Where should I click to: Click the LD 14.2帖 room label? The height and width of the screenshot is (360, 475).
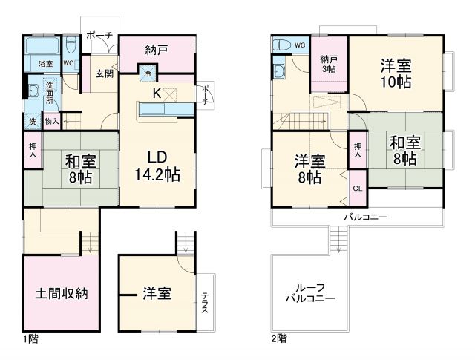point(158,166)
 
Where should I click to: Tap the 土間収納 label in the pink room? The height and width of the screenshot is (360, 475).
point(62,292)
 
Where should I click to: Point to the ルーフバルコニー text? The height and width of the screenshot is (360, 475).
point(310,293)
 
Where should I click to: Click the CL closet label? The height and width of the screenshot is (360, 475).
point(357,189)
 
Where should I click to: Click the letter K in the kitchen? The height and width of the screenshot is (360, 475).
point(157,94)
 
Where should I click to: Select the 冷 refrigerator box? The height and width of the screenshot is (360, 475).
point(147,73)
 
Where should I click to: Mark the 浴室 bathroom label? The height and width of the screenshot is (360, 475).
point(45,65)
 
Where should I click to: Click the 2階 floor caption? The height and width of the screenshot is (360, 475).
point(278,338)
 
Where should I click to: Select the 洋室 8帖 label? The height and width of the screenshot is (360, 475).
point(309,168)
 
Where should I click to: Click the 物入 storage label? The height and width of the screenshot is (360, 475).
point(51,120)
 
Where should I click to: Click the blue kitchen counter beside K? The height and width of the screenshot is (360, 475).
point(155,110)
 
